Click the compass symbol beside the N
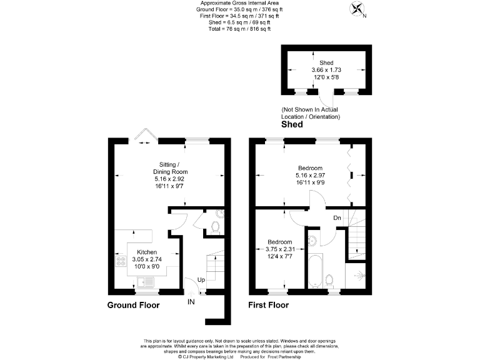[x=358, y=9]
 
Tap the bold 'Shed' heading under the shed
[x=291, y=124]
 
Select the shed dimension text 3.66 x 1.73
[x=326, y=69]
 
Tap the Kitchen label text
[x=147, y=252]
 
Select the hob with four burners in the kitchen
[x=120, y=261]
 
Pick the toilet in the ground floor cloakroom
[x=216, y=227]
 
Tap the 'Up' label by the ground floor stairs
[x=202, y=279]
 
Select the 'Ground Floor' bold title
[x=133, y=306]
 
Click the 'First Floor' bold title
[x=269, y=306]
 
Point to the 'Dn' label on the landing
[x=337, y=217]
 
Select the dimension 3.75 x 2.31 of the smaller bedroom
[x=279, y=249]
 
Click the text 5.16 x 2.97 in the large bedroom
[x=310, y=176]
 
